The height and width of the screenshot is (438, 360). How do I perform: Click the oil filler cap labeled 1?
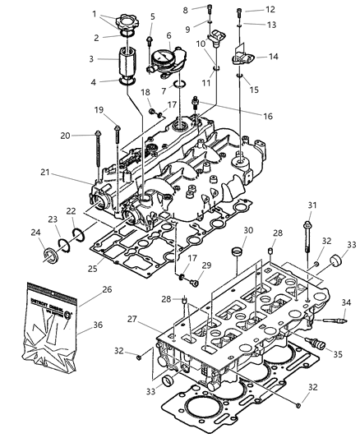tap(132, 19)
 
